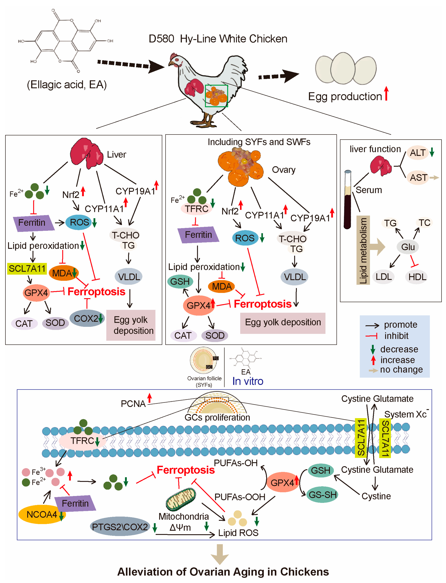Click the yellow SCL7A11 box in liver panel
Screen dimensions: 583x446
pos(27,269)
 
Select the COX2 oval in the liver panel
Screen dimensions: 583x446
pos(87,318)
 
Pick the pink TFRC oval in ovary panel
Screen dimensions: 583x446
pos(197,209)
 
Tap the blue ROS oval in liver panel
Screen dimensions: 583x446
pos(79,222)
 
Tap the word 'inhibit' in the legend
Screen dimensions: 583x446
pos(396,336)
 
